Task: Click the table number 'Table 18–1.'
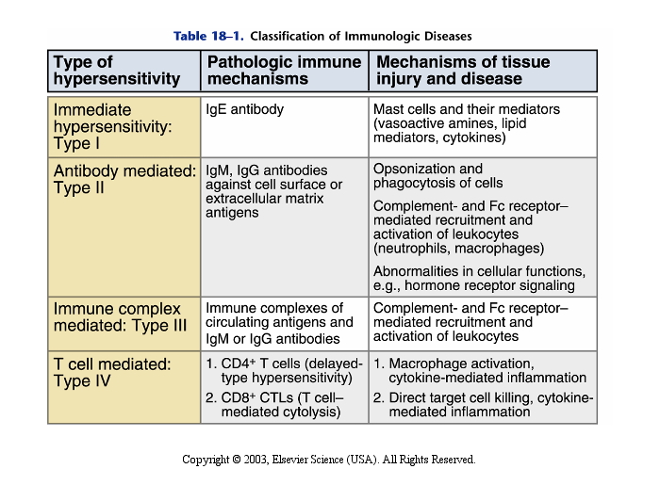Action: (x=208, y=36)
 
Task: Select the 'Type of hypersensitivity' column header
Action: (x=117, y=71)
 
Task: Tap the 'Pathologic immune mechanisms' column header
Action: (x=284, y=71)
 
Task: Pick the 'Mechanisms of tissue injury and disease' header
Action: (x=463, y=71)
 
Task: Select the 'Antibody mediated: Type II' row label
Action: (x=124, y=179)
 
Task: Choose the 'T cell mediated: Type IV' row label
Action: (x=112, y=372)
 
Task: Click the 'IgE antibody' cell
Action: (x=244, y=109)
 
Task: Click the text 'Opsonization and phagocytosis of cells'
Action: (x=438, y=176)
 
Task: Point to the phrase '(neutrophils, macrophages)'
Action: (x=458, y=249)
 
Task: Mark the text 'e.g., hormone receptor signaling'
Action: (x=473, y=285)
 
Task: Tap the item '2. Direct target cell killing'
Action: (x=483, y=404)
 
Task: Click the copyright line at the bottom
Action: (x=328, y=460)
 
